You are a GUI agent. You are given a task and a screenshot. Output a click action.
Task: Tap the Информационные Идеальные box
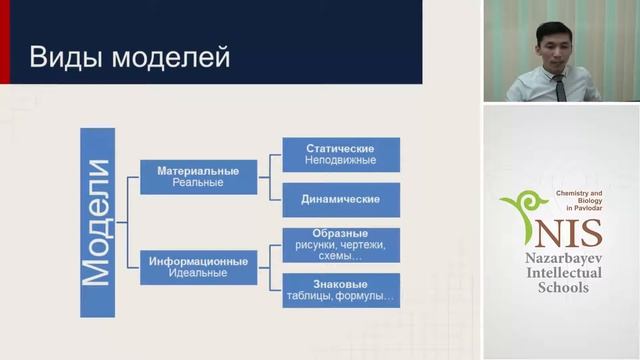(198, 267)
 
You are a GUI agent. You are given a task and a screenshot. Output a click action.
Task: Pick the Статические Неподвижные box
(341, 154)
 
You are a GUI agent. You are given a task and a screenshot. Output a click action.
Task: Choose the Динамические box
(341, 199)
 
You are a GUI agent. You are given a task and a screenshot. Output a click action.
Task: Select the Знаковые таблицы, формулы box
(341, 290)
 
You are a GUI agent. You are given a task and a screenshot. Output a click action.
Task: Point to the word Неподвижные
(341, 160)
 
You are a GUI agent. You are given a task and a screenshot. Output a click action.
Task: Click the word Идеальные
(198, 273)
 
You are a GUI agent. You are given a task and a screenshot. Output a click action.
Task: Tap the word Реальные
(198, 184)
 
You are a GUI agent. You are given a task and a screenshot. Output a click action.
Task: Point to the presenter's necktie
(561, 89)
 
